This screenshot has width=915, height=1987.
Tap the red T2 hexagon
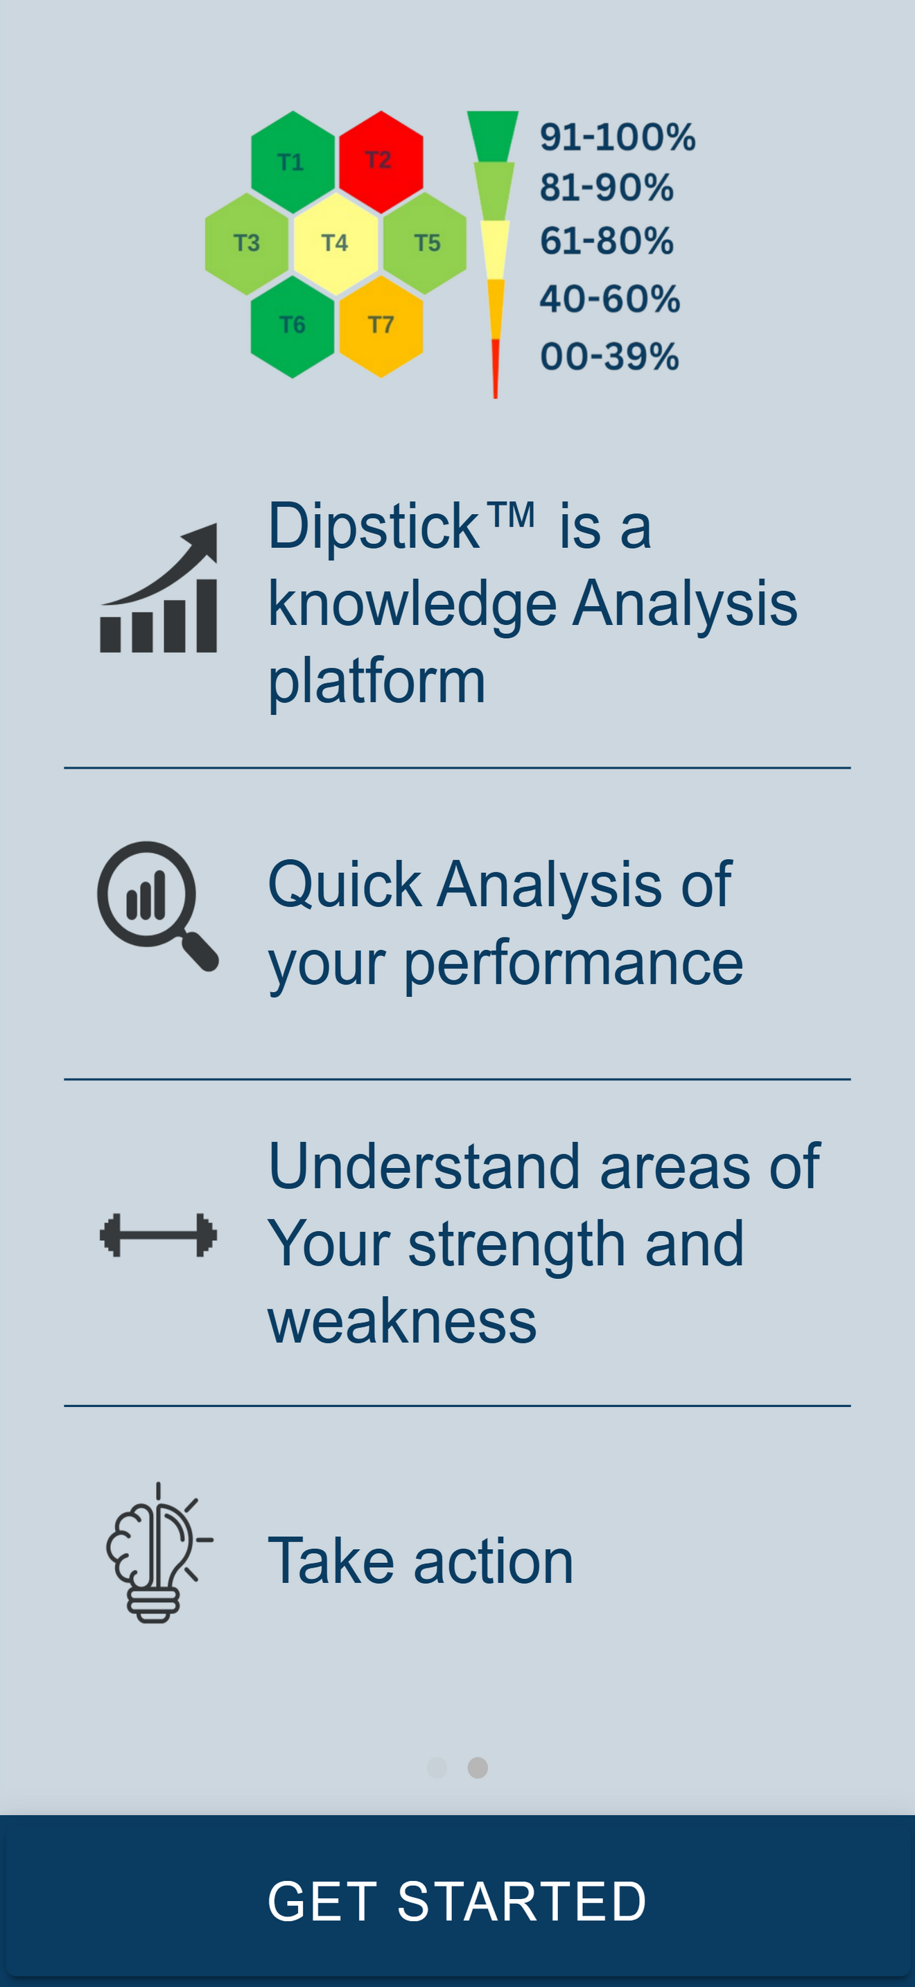(x=381, y=162)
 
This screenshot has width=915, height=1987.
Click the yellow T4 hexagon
(x=336, y=244)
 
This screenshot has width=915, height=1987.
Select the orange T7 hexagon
(x=381, y=326)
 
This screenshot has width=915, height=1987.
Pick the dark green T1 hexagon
(x=293, y=162)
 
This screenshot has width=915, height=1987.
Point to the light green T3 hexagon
(x=247, y=244)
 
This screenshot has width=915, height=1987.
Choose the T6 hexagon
(x=293, y=326)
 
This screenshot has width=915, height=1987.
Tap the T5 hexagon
(x=425, y=244)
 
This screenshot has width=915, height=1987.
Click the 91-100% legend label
(x=617, y=137)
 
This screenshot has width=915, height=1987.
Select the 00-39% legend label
(x=609, y=356)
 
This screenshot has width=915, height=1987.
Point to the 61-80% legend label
(x=607, y=240)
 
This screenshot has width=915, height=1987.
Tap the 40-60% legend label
(x=609, y=299)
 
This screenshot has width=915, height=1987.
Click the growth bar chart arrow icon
(x=159, y=588)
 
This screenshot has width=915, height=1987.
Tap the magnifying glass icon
(x=157, y=906)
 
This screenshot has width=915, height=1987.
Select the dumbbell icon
(x=158, y=1235)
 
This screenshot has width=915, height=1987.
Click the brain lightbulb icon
(x=159, y=1552)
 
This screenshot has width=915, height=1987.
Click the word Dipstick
(x=374, y=526)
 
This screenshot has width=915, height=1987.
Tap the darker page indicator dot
(x=478, y=1767)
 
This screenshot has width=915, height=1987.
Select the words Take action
(x=421, y=1561)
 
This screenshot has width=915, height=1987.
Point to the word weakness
(x=402, y=1322)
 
